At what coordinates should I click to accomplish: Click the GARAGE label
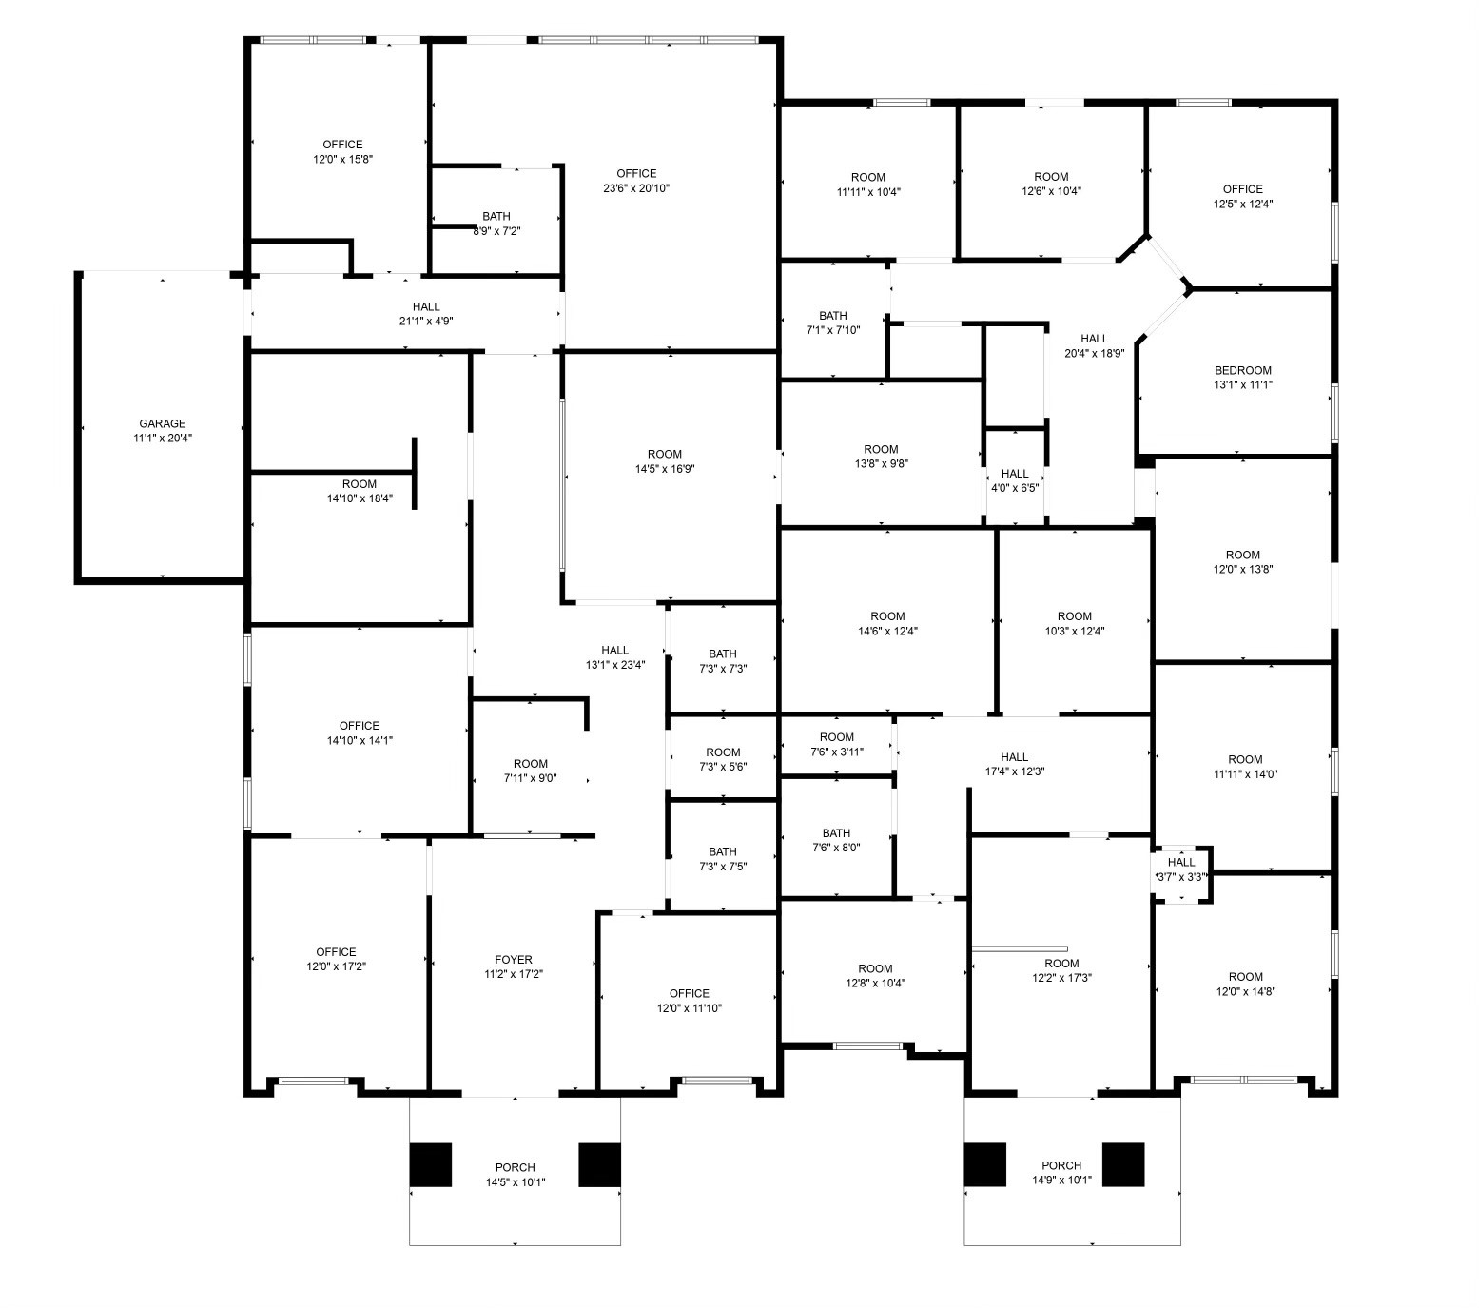click(163, 424)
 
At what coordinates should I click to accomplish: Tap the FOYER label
click(514, 960)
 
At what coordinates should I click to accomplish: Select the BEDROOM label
click(1242, 371)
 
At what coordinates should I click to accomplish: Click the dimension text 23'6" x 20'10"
click(636, 188)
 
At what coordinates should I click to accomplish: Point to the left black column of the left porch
click(431, 1164)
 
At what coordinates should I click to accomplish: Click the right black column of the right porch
click(1123, 1164)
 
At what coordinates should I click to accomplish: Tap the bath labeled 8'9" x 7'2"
click(496, 224)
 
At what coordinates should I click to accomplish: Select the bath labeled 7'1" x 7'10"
click(833, 322)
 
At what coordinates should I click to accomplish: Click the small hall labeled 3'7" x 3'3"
click(1181, 869)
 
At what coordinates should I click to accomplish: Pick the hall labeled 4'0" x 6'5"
click(1015, 480)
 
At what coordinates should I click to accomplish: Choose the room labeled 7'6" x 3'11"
click(837, 744)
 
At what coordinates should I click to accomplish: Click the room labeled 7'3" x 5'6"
click(723, 759)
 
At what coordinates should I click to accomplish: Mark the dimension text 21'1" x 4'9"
click(426, 322)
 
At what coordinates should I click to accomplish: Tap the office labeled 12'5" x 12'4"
click(1243, 196)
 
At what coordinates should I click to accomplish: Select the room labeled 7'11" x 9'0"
click(531, 771)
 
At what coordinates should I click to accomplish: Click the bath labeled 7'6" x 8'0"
click(836, 840)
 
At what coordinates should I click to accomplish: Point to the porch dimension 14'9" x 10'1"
click(1061, 1181)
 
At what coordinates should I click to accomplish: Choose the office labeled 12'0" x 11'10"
click(690, 1001)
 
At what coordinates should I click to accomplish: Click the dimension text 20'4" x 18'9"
click(1094, 353)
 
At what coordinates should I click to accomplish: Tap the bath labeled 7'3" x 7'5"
click(723, 859)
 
